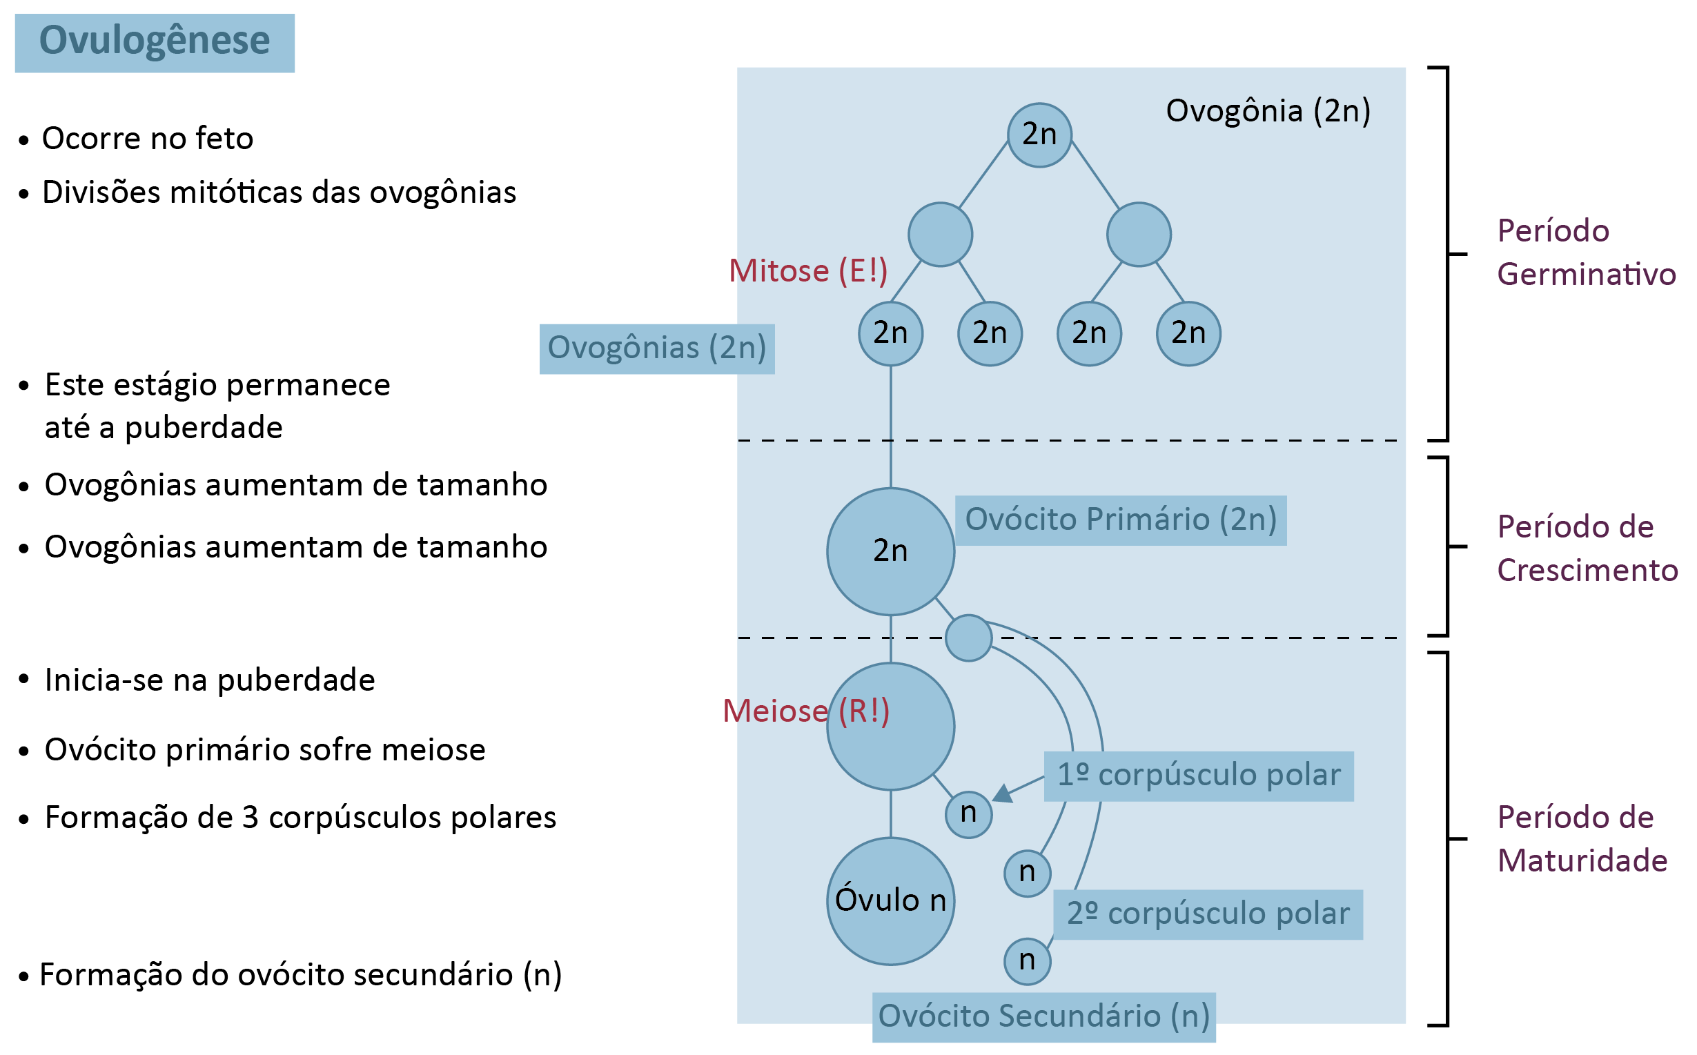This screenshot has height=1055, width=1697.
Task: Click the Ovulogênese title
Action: (x=154, y=42)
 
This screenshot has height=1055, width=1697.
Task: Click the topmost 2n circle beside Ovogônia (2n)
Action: (x=1039, y=135)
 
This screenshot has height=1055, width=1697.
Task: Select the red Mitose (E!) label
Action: (x=807, y=270)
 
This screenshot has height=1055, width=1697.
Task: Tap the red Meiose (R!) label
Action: (x=805, y=711)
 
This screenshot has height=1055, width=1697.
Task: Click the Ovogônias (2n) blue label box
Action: (x=656, y=348)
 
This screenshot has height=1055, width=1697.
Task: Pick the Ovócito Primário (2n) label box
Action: (x=1120, y=520)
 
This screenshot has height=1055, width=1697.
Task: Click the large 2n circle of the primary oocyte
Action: (x=890, y=551)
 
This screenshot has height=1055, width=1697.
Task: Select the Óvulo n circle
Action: (x=890, y=901)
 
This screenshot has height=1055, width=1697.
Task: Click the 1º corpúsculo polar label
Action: (x=1198, y=775)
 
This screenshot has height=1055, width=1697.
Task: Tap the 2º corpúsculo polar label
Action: (x=1207, y=914)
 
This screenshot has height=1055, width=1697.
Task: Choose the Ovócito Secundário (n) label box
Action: (x=1043, y=1016)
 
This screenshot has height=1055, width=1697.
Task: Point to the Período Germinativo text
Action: (x=1585, y=253)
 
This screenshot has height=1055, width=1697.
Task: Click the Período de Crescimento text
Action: (x=1587, y=549)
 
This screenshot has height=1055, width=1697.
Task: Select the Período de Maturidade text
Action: (x=1582, y=839)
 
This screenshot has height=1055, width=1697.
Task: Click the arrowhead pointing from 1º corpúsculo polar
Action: (x=1003, y=794)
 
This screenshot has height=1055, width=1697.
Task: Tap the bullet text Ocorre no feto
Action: (x=147, y=138)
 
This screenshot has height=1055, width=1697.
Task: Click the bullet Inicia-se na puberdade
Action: (x=209, y=680)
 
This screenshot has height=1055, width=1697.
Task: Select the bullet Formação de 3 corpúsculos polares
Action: (x=300, y=817)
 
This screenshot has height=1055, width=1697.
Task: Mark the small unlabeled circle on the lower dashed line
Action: (x=968, y=638)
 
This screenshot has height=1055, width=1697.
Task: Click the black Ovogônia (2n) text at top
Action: (x=1267, y=111)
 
